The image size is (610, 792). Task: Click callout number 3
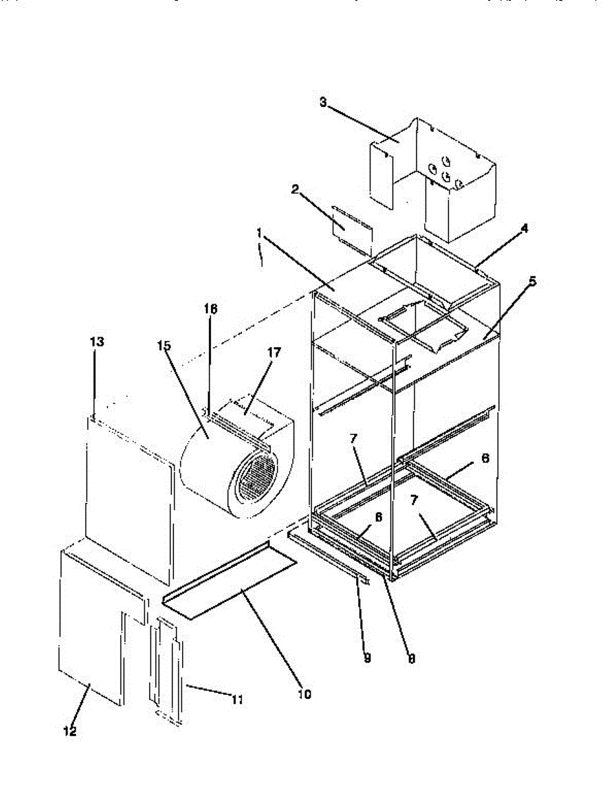tap(323, 102)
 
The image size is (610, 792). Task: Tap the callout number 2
tap(295, 189)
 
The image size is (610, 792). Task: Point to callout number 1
tap(260, 233)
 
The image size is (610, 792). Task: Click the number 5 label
tap(532, 280)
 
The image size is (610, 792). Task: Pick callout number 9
tap(367, 658)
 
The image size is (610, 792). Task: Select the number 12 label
tap(70, 731)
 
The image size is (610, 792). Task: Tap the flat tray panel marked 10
tap(231, 581)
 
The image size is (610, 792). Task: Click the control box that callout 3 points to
tap(455, 178)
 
